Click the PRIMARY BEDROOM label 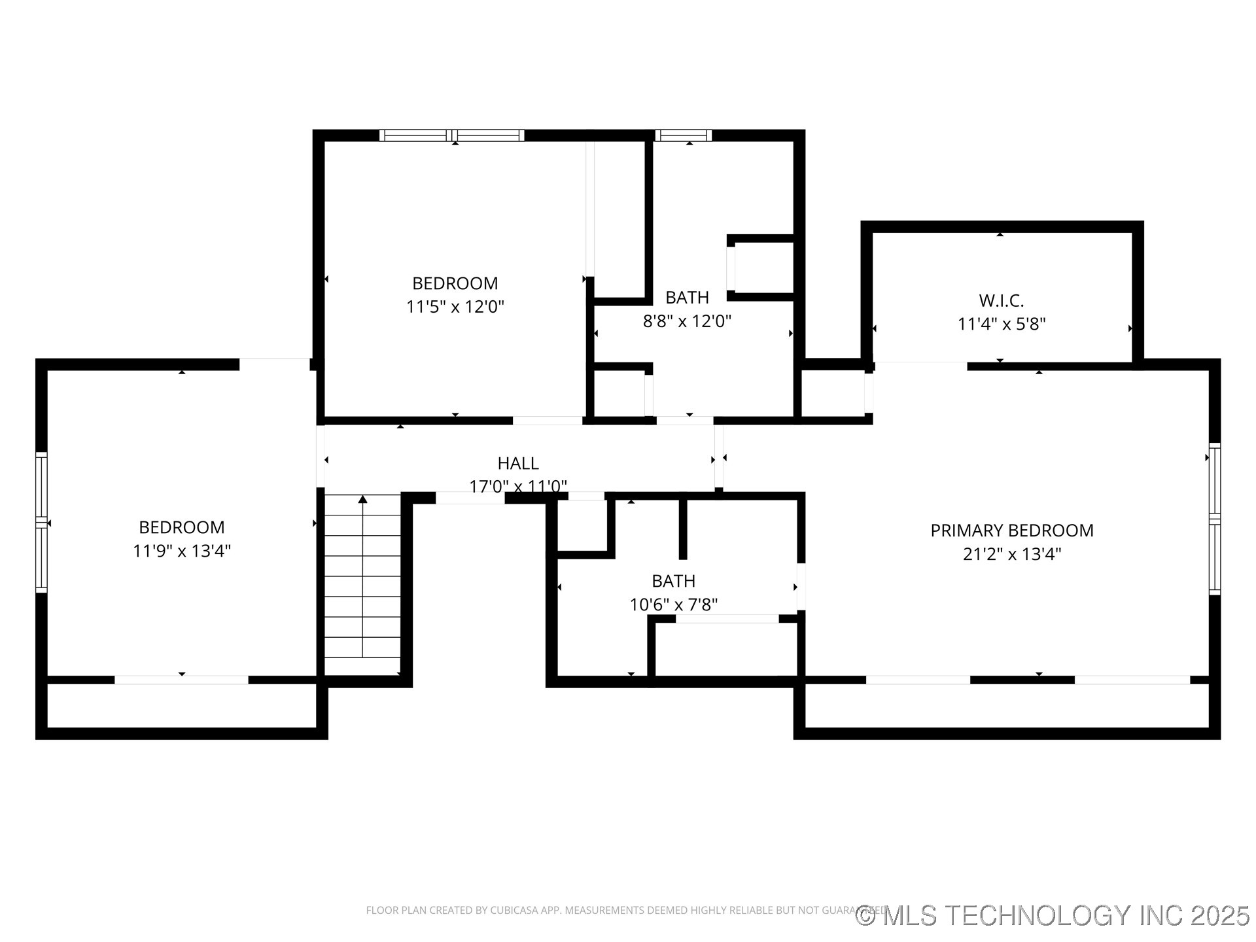point(1011,531)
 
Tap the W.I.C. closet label point(1001,301)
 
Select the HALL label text point(518,463)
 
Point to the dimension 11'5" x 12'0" point(455,307)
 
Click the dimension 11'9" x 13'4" point(182,551)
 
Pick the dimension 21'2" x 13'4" point(1011,554)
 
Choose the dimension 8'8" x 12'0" point(687,321)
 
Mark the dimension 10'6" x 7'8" point(673,604)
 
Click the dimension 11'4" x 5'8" point(1001,324)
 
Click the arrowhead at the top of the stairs point(362,500)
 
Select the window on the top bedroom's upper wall point(452,135)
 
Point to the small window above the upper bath point(683,135)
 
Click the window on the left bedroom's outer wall point(41,522)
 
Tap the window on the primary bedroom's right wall point(1214,519)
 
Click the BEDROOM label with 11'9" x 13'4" point(182,527)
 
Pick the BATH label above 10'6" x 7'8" point(673,581)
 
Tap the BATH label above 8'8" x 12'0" point(687,298)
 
